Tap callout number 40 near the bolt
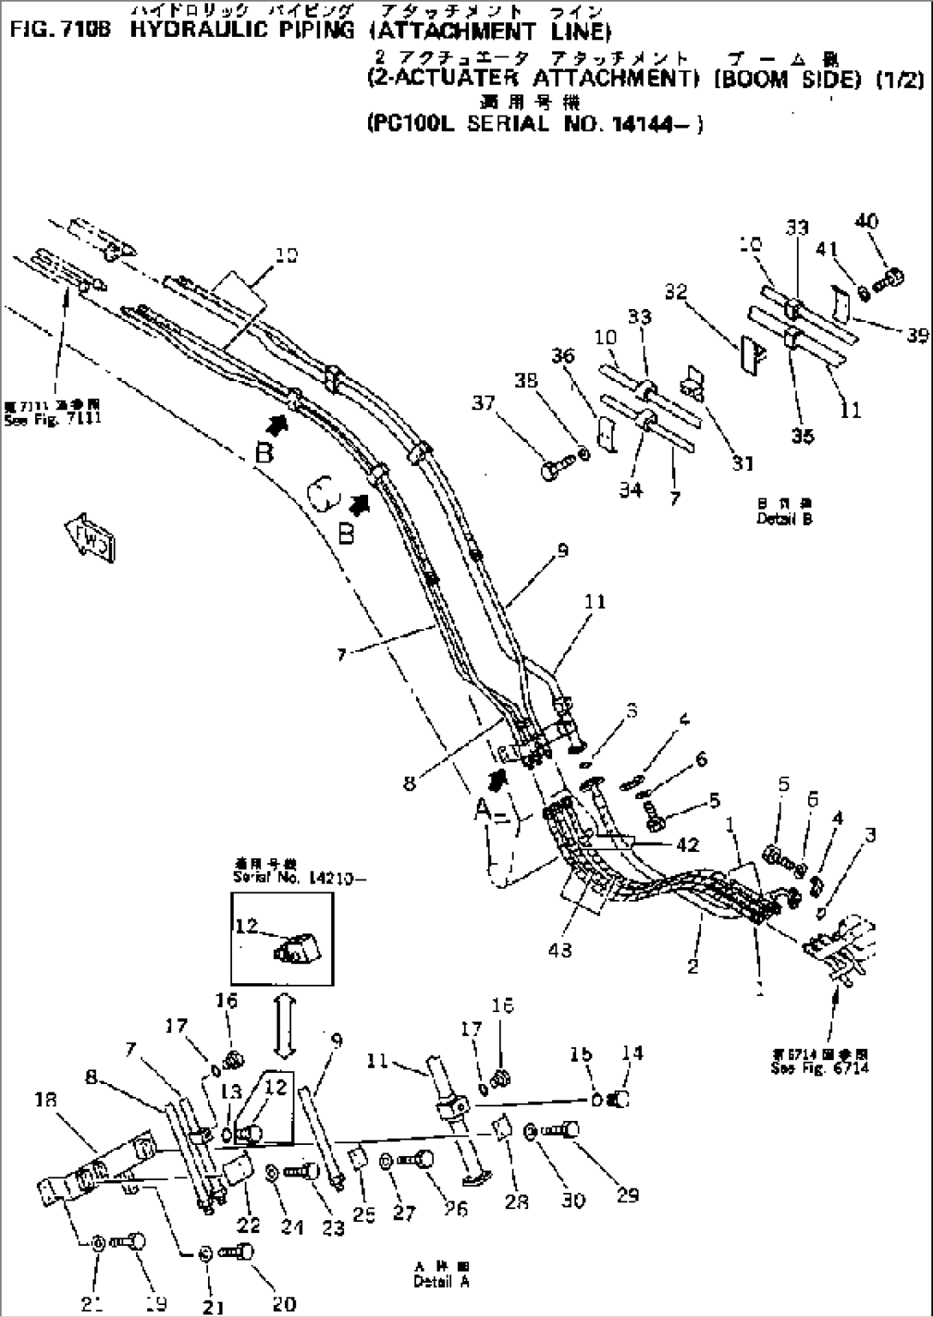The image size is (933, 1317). [866, 222]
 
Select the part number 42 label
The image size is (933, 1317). [686, 844]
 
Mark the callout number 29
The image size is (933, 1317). [627, 1195]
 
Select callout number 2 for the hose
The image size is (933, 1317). [692, 967]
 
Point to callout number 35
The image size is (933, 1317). [801, 436]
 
